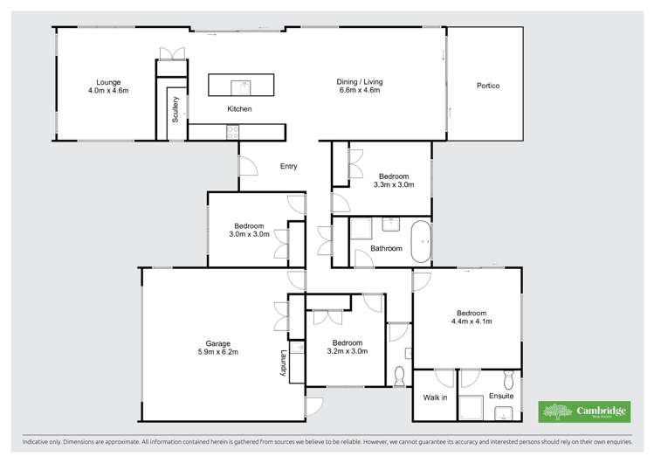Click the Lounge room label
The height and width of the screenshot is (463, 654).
coord(108,81)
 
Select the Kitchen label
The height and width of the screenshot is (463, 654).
coord(239,109)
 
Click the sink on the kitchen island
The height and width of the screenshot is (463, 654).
coord(241,86)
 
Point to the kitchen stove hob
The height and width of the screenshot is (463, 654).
coord(233,132)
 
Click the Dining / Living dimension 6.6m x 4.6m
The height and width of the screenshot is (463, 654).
coord(360,90)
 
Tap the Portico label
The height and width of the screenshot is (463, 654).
coord(487,86)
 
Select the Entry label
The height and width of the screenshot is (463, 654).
coord(288,166)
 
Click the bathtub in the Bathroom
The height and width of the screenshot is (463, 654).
coord(422,242)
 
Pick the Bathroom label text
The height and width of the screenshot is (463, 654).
coord(386,249)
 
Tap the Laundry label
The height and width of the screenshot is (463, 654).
coord(284,363)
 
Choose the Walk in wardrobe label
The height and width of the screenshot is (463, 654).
coord(435,397)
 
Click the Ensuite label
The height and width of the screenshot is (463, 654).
coord(501,397)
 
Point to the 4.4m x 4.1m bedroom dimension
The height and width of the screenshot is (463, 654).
coord(471,321)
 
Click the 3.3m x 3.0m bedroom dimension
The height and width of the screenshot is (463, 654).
coord(393,184)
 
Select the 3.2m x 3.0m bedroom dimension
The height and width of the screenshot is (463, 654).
coord(347,351)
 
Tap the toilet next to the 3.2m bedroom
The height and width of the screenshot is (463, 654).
coord(400,377)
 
